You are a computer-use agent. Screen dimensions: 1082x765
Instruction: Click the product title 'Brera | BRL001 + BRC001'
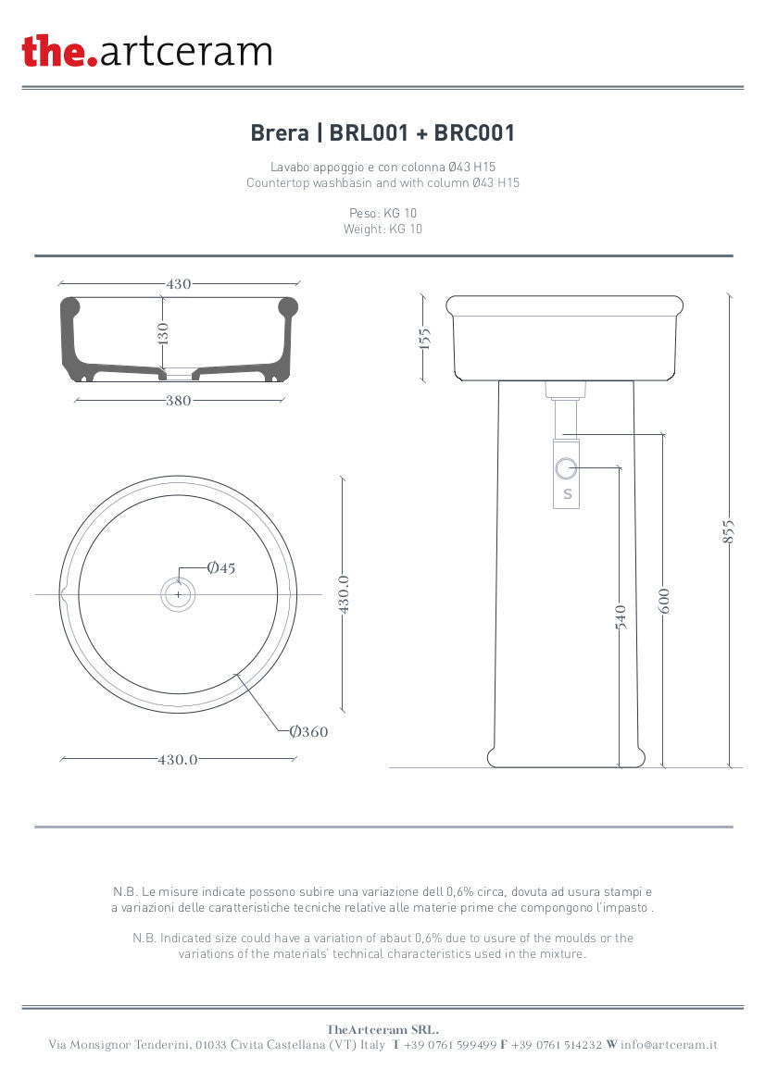click(382, 133)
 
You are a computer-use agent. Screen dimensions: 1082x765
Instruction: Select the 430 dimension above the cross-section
click(179, 284)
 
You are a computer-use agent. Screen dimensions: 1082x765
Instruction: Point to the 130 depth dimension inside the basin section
click(163, 334)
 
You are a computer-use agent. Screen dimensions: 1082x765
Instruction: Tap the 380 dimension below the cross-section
click(178, 401)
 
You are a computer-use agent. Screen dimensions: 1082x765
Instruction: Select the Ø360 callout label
click(308, 732)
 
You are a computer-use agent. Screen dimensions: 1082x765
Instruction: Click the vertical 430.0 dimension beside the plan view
click(343, 594)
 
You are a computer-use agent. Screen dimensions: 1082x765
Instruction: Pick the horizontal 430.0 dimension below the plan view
click(178, 759)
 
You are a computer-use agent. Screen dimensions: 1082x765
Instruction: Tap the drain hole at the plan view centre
click(178, 594)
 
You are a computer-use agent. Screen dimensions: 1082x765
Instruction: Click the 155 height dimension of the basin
click(424, 340)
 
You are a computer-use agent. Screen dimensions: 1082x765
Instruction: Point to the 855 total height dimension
click(729, 530)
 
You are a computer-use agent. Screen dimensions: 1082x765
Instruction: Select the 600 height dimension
click(663, 600)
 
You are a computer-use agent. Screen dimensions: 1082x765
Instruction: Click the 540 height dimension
click(620, 617)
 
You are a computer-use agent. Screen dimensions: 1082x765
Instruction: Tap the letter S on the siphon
click(568, 494)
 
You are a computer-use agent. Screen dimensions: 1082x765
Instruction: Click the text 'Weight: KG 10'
click(382, 229)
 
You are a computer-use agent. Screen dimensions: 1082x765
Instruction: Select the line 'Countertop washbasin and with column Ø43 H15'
click(382, 183)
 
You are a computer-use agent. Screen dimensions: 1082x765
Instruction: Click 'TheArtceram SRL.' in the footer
click(382, 1029)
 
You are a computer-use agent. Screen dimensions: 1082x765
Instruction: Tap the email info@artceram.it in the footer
click(669, 1045)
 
